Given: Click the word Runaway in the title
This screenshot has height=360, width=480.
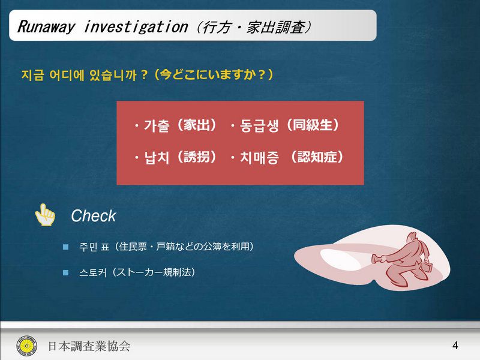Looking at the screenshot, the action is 46,26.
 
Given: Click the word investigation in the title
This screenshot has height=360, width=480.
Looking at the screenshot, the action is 136,26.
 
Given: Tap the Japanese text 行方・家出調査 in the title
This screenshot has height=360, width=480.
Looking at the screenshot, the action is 254,27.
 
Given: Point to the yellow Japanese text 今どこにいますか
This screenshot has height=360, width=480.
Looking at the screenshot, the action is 213,74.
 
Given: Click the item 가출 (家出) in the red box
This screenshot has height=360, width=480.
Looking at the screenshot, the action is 176,125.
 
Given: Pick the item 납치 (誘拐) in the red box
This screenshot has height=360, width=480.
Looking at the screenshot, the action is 176,157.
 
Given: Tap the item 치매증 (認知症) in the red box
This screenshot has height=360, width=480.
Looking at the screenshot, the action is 288,157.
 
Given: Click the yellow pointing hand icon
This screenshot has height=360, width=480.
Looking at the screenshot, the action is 44,215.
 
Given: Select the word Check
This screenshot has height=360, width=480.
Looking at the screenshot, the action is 94,216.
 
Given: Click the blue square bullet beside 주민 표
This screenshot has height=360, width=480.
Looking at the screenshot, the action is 65,247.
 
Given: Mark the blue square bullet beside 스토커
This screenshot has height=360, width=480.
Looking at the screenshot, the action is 65,272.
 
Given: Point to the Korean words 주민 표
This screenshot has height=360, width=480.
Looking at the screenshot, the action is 94,247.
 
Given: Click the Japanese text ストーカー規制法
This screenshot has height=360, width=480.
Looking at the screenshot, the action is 155,272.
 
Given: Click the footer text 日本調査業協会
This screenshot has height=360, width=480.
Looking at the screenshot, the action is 89,346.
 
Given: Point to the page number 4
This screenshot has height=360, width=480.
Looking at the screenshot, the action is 455,346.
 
